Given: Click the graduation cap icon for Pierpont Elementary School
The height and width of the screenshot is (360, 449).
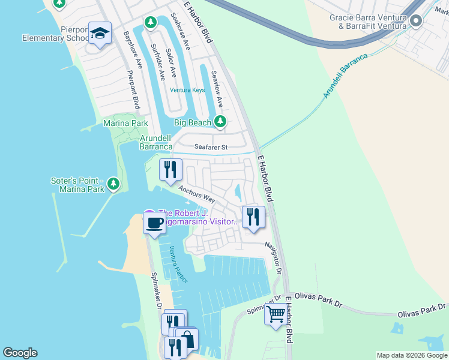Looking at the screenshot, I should coord(100,34).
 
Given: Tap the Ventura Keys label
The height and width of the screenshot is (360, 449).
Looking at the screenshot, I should coord(187,90).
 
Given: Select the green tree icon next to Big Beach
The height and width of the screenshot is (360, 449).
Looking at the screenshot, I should coord(220,122).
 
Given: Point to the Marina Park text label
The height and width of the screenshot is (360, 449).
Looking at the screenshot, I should coord(125,123).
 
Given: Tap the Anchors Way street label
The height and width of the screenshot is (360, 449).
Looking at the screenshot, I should coord(196,193).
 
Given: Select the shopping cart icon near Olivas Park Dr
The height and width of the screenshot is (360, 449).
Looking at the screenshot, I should coord(276,314).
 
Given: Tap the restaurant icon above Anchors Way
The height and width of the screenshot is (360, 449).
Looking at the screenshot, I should coord(170,169).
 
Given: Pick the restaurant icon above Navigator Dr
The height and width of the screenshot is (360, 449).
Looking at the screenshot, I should coord(253,217).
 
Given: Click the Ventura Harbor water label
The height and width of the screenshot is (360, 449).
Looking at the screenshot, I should coord(178,265).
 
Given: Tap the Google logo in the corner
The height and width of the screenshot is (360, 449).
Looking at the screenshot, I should coord(20,353).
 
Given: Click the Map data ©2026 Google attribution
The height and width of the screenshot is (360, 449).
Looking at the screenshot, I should coord(412,355).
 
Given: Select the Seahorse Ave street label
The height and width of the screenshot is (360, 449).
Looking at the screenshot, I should coord(179,31).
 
